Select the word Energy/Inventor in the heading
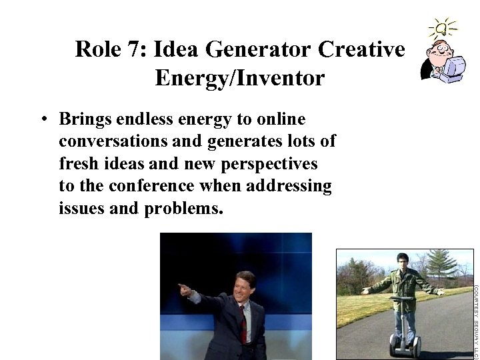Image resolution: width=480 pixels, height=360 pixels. [239, 79]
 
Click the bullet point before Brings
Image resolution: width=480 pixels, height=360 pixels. [41, 120]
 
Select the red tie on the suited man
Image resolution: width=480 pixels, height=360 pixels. [243, 326]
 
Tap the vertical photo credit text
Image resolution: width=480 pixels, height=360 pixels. [476, 320]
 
